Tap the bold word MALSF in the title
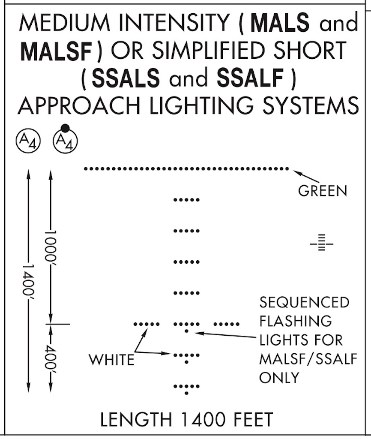pos(56,51)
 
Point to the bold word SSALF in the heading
pos(250,78)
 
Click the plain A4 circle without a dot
pos(28,140)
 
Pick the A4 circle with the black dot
pos(65,140)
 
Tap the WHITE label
pos(111,360)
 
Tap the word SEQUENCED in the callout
pos(304,302)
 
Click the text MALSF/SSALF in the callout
pos(308,358)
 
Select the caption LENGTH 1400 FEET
pos(186,420)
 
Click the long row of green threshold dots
pos(186,169)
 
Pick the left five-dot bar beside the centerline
pos(147,324)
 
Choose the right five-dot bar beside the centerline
pos(226,324)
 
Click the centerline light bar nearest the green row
pos(186,200)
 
